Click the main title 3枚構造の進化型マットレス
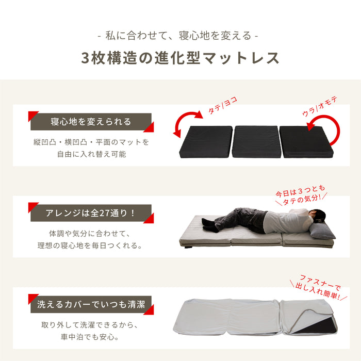point(180,58)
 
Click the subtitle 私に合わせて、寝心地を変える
point(178,36)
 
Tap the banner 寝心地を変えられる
point(91,122)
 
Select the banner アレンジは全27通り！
point(91,213)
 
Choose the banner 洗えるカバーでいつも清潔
point(91,304)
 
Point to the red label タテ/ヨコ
point(222,105)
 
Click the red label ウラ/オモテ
point(320,106)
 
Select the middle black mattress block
point(256,142)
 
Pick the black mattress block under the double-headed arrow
point(206,142)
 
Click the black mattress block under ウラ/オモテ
point(306,142)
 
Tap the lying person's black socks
point(209,225)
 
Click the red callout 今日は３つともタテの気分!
point(301,195)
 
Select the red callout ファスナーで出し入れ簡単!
point(319,287)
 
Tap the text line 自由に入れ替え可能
point(91,154)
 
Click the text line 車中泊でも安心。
point(90,337)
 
